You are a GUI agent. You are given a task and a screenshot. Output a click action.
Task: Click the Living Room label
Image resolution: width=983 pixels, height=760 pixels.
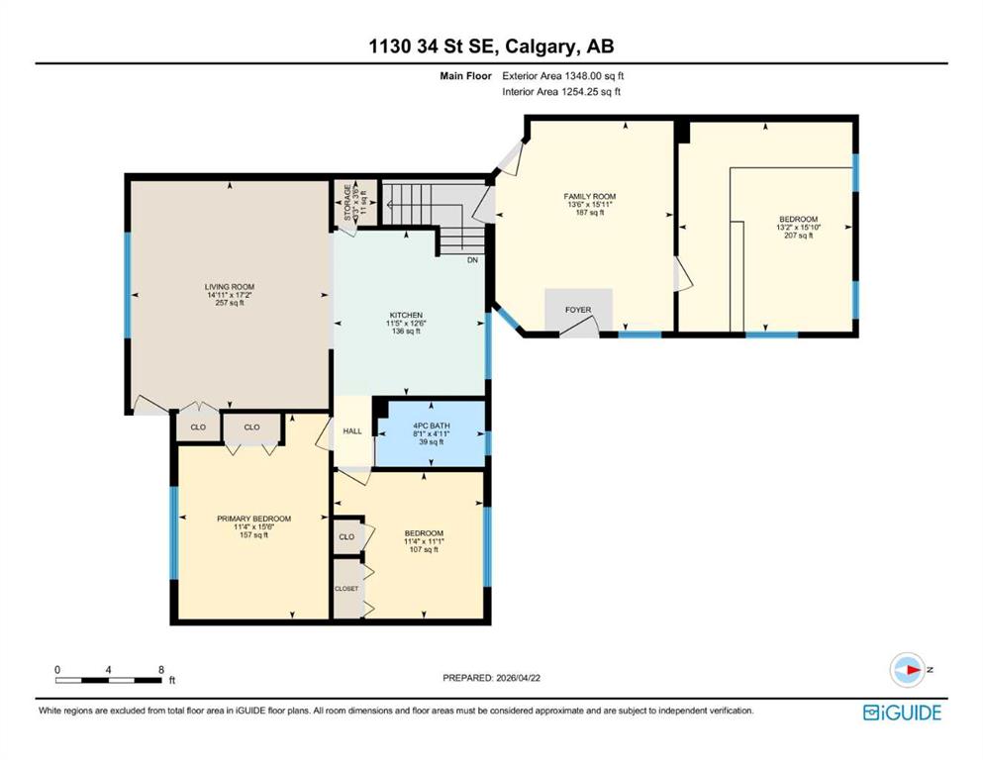(230, 287)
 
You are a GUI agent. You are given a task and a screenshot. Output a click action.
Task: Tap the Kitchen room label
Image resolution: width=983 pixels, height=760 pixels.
(406, 315)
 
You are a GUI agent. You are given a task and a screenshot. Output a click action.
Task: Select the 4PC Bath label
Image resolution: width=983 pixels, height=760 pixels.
(432, 427)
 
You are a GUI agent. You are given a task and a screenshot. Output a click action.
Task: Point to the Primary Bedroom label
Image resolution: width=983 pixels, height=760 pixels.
(253, 519)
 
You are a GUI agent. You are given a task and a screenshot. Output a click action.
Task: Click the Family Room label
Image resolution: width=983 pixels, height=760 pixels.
(590, 197)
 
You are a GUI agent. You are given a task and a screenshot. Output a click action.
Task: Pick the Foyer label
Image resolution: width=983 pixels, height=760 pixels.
(578, 310)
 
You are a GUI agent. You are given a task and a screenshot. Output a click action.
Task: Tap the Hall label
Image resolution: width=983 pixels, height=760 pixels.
(352, 431)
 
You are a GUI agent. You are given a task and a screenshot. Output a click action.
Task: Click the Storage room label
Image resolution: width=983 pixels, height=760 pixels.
(347, 203)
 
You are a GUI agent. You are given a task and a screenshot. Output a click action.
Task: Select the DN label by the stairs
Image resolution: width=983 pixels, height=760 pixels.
(473, 260)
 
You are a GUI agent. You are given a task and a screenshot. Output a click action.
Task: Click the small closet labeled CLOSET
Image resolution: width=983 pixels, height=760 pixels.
(346, 589)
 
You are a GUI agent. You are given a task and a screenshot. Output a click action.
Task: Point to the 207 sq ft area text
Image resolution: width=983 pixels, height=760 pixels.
(799, 237)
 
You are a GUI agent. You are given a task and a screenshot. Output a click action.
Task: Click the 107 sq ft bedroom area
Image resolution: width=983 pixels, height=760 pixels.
(424, 550)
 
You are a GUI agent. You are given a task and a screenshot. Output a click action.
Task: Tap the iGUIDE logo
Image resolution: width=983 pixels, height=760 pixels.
(902, 713)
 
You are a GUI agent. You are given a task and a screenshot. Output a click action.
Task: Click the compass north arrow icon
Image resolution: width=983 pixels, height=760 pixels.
(908, 670)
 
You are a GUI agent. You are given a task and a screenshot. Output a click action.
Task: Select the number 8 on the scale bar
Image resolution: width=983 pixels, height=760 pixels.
(161, 670)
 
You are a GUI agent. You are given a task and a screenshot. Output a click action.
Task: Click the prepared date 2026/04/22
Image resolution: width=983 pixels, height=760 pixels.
(518, 678)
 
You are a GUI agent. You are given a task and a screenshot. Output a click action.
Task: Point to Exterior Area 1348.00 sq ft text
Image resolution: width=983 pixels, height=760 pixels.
(563, 76)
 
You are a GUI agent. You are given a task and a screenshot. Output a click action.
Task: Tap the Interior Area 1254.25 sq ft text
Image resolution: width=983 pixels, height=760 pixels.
(561, 92)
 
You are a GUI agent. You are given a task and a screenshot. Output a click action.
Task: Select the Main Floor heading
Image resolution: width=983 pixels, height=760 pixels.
(466, 76)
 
